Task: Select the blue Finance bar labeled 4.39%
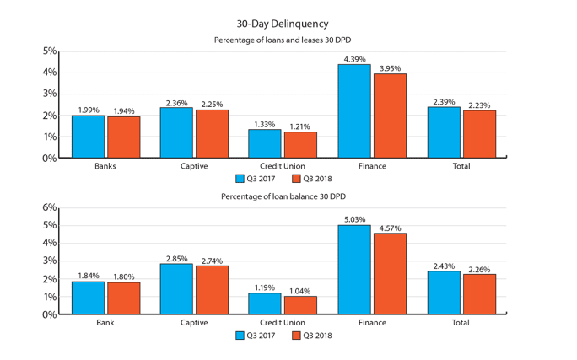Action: tap(353, 110)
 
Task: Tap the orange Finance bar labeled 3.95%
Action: tap(390, 116)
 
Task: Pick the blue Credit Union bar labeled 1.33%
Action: tap(265, 143)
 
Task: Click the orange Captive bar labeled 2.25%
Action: tap(212, 133)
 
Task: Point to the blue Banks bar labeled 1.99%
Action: tap(88, 137)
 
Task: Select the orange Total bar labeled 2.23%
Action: tap(479, 134)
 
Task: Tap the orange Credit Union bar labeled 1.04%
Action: tap(300, 304)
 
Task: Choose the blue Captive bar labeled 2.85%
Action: tap(176, 288)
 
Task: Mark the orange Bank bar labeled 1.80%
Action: tap(123, 298)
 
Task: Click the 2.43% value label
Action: tap(444, 266)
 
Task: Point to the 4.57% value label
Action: tap(390, 228)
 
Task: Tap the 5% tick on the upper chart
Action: tap(50, 51)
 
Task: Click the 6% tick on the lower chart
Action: tap(50, 207)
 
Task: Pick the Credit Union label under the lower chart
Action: tap(283, 323)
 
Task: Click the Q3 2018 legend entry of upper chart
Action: tap(313, 179)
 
